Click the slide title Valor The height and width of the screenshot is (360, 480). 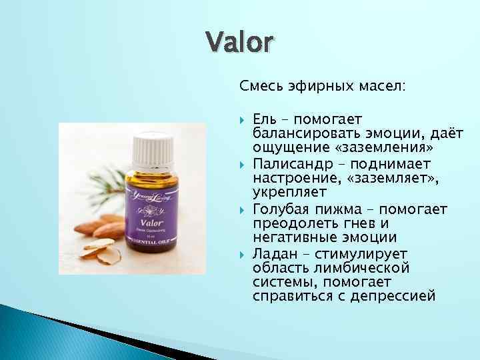tap(239, 43)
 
